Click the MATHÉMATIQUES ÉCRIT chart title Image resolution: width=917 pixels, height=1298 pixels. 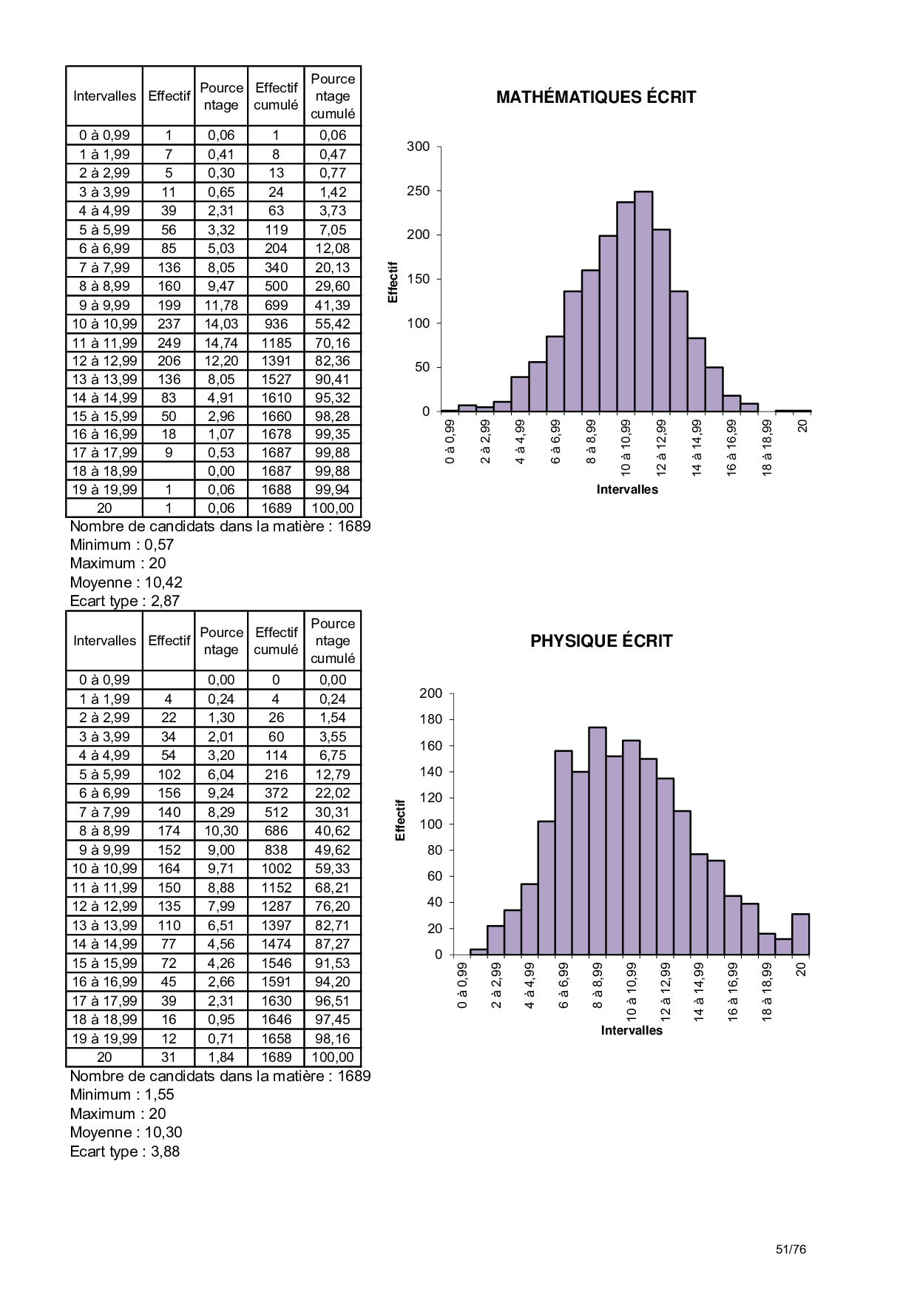[x=595, y=97]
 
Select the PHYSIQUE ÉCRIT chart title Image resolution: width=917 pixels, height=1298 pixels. [x=601, y=641]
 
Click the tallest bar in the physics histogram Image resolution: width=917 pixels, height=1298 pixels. [x=597, y=841]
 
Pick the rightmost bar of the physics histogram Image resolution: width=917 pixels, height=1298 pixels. [x=800, y=934]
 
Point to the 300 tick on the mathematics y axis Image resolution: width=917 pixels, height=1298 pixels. [x=419, y=147]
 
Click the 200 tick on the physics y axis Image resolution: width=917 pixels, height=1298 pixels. [x=430, y=693]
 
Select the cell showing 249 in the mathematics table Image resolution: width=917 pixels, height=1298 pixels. [x=169, y=343]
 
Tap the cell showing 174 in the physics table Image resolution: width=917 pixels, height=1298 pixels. [x=169, y=831]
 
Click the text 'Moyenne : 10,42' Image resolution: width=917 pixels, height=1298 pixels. [x=126, y=582]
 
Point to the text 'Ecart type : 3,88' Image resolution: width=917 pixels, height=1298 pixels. [x=124, y=1151]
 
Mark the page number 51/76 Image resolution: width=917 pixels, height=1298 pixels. [x=791, y=1249]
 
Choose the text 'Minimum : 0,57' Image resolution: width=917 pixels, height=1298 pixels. [x=121, y=545]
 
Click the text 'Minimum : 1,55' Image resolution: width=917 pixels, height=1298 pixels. [x=121, y=1094]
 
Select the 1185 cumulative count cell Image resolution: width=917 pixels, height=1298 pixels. [x=276, y=343]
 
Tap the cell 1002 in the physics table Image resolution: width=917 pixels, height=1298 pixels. [x=276, y=869]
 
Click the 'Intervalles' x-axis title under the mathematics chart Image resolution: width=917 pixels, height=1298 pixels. [x=627, y=489]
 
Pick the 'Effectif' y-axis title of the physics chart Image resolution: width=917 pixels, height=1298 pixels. [x=400, y=819]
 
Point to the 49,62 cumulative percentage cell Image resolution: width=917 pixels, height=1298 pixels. [x=332, y=850]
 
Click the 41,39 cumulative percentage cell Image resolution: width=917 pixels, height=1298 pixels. [x=332, y=305]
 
